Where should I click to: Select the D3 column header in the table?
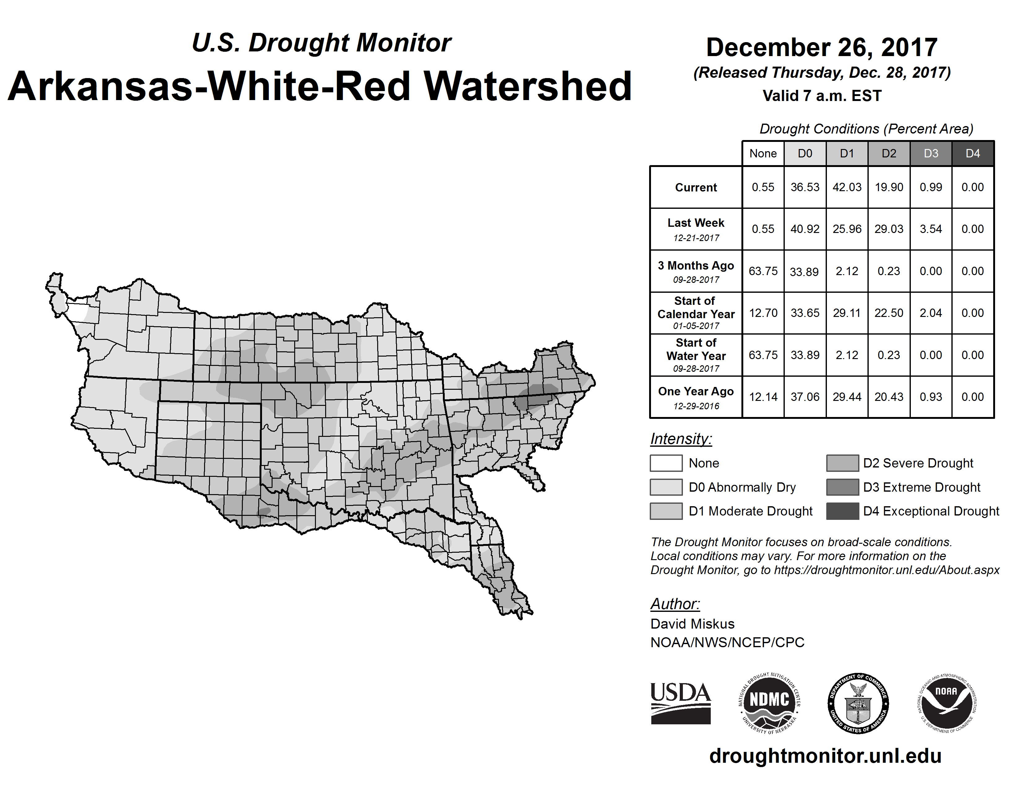[931, 153]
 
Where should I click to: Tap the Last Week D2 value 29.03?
[889, 229]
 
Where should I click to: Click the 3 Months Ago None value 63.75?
[763, 271]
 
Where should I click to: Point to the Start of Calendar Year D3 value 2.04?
[931, 313]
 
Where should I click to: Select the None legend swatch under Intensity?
[666, 463]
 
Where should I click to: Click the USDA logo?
[680, 703]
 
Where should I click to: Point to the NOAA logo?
[947, 703]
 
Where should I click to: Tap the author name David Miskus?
[692, 624]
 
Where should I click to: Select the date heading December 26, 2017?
[822, 47]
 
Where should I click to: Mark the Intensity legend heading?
[681, 439]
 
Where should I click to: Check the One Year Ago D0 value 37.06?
[805, 397]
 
